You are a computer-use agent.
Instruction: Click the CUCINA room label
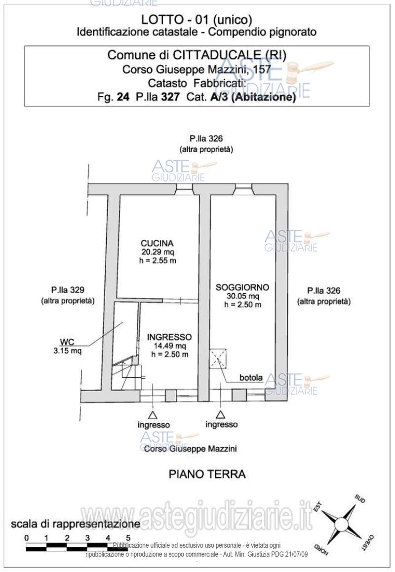[x=157, y=243]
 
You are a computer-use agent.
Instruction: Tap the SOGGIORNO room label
[x=242, y=287]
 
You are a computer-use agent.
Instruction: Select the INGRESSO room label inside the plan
[x=169, y=337]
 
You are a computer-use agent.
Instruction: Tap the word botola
[x=251, y=378]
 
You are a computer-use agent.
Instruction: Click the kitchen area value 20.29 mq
[x=157, y=252]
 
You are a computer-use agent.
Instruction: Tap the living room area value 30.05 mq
[x=242, y=296]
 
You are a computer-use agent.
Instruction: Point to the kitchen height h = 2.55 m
[x=157, y=260]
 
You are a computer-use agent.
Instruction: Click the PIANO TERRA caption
[x=207, y=474]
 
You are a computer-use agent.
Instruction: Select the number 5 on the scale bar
[x=128, y=537]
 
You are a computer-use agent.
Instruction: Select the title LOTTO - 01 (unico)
[x=197, y=20]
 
